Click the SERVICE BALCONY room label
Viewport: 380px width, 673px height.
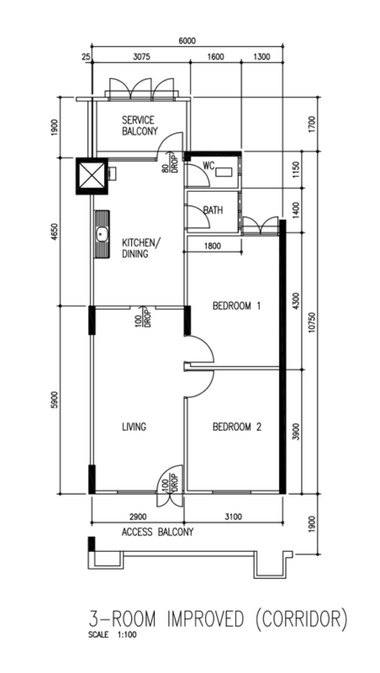pyautogui.click(x=140, y=125)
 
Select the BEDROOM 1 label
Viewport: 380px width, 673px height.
pyautogui.click(x=237, y=306)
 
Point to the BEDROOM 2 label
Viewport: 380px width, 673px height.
pyautogui.click(x=237, y=427)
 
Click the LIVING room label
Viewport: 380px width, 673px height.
pyautogui.click(x=134, y=427)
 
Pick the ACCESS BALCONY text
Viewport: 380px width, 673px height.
pyautogui.click(x=157, y=532)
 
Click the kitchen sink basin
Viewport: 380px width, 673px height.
pyautogui.click(x=102, y=234)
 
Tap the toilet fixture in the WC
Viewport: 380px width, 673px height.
pyautogui.click(x=224, y=172)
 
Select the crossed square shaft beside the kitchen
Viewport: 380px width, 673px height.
pyautogui.click(x=92, y=176)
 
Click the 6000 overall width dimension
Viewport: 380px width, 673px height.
pyautogui.click(x=187, y=40)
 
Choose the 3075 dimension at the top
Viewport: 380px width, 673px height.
pyautogui.click(x=142, y=57)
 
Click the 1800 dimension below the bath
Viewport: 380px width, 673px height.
pyautogui.click(x=212, y=246)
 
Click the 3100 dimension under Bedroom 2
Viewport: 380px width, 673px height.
pyautogui.click(x=233, y=517)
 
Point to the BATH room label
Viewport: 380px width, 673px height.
pyautogui.click(x=213, y=210)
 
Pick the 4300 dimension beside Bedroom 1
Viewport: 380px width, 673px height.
pyautogui.click(x=296, y=301)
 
